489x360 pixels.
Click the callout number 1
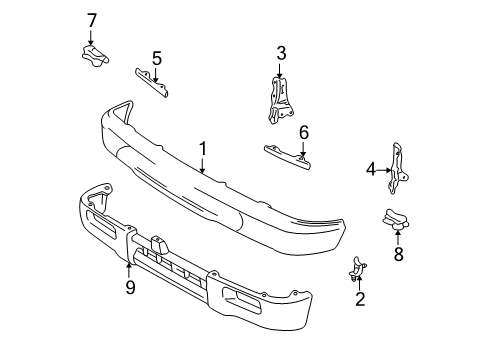202,149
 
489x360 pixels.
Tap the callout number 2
361,297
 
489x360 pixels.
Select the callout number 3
281,52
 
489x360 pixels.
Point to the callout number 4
371,170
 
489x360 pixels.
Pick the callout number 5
157,58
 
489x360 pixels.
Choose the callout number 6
304,130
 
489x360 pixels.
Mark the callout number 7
92,19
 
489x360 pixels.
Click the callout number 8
397,254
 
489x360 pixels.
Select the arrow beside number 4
385,170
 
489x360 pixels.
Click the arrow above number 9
129,265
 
